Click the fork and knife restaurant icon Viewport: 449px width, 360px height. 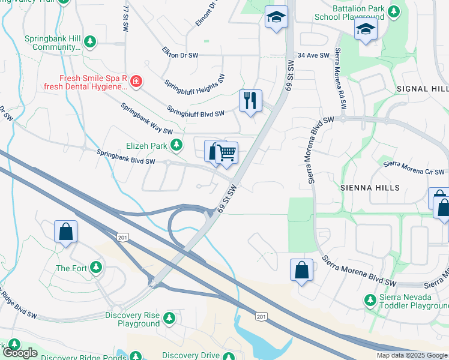coord(250,100)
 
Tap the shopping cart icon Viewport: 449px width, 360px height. coord(226,153)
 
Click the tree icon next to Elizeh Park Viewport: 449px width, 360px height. coord(176,145)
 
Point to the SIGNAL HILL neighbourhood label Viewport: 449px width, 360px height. coord(423,89)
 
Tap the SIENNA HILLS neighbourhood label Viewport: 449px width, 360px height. coord(370,188)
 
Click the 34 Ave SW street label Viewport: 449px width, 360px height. coord(314,55)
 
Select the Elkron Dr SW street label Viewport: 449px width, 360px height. coord(180,55)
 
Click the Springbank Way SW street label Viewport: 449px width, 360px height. coord(146,119)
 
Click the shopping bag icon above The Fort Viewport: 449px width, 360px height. coord(65,232)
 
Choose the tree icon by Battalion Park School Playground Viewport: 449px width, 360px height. coord(394,11)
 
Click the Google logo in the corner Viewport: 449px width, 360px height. coord(20,353)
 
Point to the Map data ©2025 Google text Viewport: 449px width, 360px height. coord(412,356)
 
